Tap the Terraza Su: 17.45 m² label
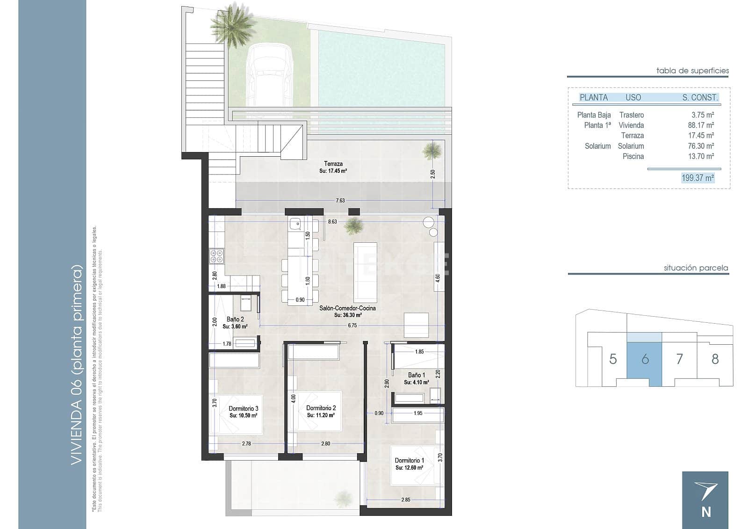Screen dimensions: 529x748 (333, 167)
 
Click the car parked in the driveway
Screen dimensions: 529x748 (270, 75)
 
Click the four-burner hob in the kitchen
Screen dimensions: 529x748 (217, 255)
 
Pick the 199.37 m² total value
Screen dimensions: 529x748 (698, 178)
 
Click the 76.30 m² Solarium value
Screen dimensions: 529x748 (700, 146)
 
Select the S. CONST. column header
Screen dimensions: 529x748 (700, 98)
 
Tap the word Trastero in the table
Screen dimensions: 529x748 (631, 115)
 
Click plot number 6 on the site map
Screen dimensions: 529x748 (645, 359)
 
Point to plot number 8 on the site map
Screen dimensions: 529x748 (715, 359)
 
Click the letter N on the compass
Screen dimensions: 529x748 (706, 512)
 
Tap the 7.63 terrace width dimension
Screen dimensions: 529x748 (340, 200)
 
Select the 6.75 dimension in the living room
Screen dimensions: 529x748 (352, 325)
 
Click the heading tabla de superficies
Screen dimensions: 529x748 (692, 71)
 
